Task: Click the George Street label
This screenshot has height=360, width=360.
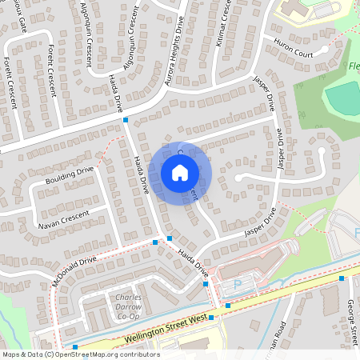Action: [x=350, y=319]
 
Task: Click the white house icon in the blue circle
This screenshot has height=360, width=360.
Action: [x=180, y=172]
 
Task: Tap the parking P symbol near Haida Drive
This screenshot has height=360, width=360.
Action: [x=236, y=285]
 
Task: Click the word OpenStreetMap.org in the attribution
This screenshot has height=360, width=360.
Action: [x=88, y=354]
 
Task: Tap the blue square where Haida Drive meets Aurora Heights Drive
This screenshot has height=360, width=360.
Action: [x=126, y=120]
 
